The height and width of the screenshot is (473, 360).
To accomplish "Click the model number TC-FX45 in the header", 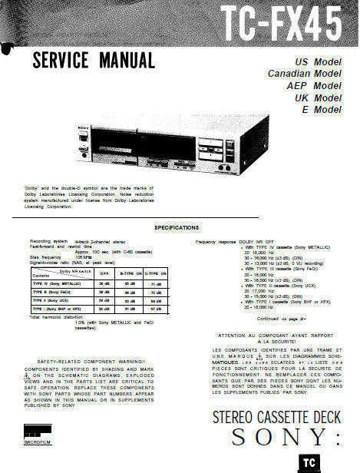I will coord(280,24).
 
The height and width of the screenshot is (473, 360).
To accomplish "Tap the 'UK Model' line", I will coord(318,98).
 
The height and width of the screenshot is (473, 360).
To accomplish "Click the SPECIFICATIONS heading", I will coord(177,228).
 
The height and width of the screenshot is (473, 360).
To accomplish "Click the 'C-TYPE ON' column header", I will coord(156,273).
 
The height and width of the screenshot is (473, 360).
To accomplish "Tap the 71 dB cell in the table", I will coord(156,283).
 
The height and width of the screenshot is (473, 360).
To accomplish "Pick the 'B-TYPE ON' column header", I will coord(130,273).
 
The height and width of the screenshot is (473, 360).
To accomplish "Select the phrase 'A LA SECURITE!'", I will coord(268,342).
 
